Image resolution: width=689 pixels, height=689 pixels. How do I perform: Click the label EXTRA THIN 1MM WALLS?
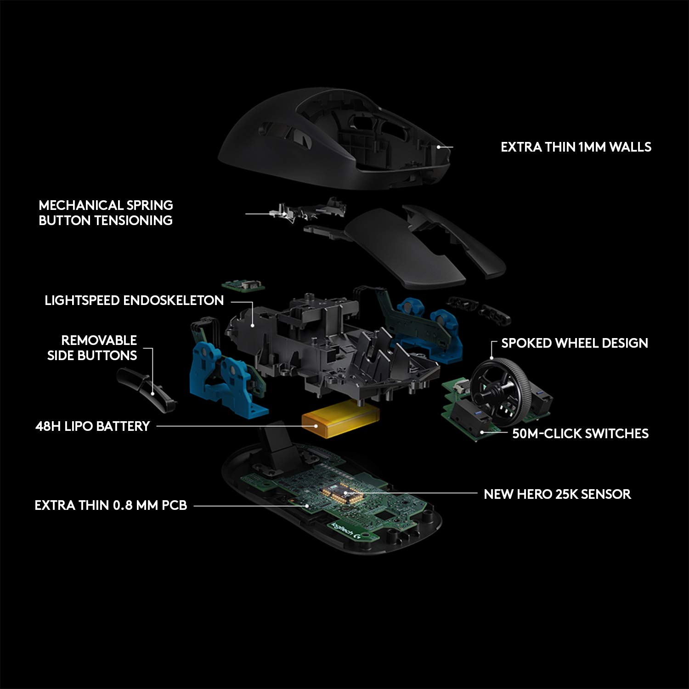tap(576, 147)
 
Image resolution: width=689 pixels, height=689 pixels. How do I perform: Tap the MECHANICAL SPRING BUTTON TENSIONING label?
tap(106, 213)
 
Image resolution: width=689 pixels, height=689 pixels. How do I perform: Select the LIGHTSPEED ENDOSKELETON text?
tap(134, 300)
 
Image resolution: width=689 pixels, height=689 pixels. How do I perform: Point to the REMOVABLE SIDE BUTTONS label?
tap(92, 348)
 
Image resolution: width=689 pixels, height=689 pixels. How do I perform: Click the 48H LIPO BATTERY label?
tap(93, 426)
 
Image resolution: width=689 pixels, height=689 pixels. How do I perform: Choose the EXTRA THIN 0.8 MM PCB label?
tap(111, 505)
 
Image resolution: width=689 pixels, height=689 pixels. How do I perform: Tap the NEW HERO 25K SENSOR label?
tap(557, 494)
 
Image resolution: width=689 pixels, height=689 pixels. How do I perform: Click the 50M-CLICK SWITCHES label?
tap(580, 434)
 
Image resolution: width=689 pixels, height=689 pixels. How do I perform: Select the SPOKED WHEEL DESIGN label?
tap(574, 343)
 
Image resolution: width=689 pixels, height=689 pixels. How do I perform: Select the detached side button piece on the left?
tap(147, 388)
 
